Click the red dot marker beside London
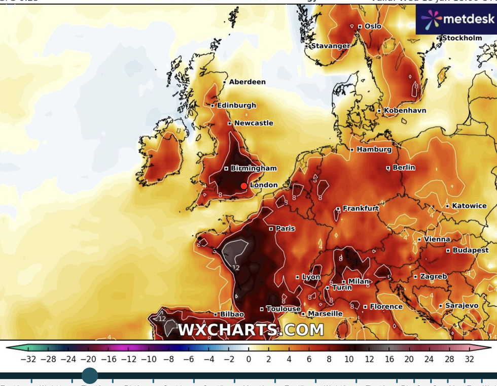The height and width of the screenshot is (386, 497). [244, 186]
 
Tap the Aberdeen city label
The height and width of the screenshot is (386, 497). [247, 82]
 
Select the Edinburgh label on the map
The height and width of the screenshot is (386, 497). [236, 105]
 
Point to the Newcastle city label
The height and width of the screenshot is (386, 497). [254, 123]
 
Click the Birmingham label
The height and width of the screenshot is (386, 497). [254, 168]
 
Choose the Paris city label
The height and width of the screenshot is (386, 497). [285, 229]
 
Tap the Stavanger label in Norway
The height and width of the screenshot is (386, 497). [331, 46]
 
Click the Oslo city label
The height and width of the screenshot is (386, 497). [373, 26]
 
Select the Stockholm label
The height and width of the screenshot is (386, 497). [461, 38]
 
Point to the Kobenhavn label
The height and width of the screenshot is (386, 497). [405, 110]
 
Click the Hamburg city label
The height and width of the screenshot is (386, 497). [374, 149]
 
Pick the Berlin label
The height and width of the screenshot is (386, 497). [404, 167]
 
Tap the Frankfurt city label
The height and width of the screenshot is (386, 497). [361, 208]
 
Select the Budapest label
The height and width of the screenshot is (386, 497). [471, 250]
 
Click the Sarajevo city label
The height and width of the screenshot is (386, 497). [461, 305]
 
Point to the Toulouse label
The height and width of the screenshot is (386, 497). [283, 309]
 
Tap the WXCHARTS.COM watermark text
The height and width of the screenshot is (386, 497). [251, 330]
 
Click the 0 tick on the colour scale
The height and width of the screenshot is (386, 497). [248, 359]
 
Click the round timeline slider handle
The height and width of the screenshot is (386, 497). [90, 376]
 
